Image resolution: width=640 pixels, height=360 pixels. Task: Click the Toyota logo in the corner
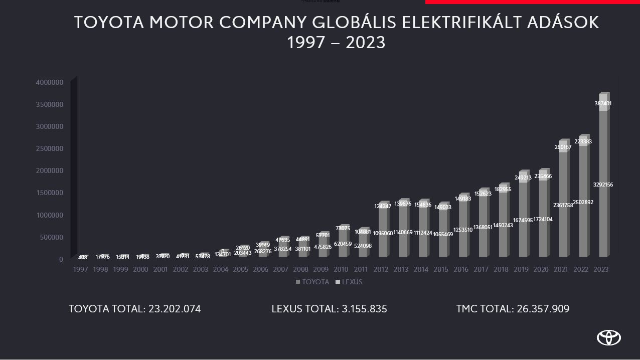(608, 338)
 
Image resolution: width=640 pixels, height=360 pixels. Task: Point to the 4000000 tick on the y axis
(49, 82)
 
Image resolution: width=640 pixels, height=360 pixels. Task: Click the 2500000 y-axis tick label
(49, 148)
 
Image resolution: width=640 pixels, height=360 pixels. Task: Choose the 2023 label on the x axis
(601, 270)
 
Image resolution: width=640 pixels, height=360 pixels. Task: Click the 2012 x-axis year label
(381, 270)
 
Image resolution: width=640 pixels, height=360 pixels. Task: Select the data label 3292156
(603, 185)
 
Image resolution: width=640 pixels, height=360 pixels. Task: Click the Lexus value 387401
(603, 104)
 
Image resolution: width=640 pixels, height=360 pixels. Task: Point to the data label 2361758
(563, 206)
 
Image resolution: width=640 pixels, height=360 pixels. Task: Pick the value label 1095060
(383, 233)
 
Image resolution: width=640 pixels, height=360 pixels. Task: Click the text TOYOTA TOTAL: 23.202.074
(134, 309)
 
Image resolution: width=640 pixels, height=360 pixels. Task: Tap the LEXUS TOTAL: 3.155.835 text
(329, 309)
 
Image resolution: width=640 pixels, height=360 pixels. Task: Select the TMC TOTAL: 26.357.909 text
(513, 309)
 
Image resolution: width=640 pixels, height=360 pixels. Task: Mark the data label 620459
(343, 244)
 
